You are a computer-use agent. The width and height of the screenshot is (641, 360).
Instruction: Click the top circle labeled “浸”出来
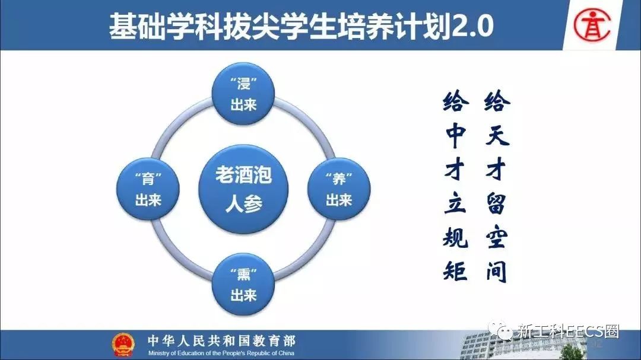(243, 94)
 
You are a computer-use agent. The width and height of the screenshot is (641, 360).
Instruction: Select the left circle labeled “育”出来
(148, 189)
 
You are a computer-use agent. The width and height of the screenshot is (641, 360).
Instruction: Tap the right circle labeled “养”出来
(339, 189)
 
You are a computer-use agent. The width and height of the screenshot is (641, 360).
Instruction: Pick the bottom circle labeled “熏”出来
(243, 285)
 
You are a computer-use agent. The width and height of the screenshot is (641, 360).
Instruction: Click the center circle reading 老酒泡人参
(243, 189)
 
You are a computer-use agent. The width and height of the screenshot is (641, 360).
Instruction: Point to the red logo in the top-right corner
(592, 25)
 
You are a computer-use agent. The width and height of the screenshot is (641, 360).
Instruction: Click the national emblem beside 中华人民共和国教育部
(123, 344)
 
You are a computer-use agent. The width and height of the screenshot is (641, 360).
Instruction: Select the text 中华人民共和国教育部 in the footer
(221, 341)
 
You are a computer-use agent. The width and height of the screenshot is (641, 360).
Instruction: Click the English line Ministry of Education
(221, 353)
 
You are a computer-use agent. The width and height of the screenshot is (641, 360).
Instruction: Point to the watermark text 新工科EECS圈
(568, 332)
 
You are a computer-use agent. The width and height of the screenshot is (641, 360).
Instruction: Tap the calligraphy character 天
(497, 135)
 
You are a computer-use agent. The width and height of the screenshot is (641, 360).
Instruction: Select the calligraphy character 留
(496, 203)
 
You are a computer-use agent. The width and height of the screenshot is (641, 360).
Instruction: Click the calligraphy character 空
(497, 237)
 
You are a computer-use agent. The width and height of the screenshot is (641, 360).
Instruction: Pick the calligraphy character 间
(496, 271)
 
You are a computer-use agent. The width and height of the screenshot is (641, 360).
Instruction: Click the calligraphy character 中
(455, 135)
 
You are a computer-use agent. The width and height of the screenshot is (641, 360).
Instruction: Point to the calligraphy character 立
(455, 203)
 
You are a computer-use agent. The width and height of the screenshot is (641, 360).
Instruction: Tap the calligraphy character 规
(455, 237)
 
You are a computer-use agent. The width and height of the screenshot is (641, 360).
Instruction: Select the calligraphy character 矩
(455, 271)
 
